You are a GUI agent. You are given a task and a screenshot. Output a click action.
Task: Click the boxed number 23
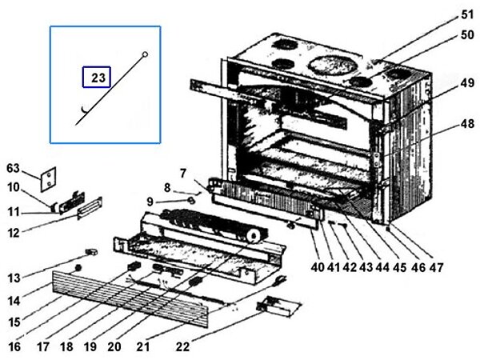pyautogui.click(x=98, y=78)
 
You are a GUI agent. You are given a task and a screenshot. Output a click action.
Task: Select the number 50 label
pyautogui.click(x=467, y=36)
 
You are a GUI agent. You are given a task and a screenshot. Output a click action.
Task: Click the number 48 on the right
pyautogui.click(x=467, y=125)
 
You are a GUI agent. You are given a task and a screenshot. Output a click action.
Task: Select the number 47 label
pyautogui.click(x=436, y=268)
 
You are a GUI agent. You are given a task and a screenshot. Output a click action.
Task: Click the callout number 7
pyautogui.click(x=182, y=174)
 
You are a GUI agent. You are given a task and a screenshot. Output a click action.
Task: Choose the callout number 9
pyautogui.click(x=150, y=200)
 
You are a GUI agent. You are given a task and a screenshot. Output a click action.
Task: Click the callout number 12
pyautogui.click(x=14, y=233)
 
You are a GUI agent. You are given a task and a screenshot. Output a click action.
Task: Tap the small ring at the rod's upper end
pyautogui.click(x=144, y=54)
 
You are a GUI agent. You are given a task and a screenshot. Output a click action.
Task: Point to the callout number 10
pyautogui.click(x=14, y=188)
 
